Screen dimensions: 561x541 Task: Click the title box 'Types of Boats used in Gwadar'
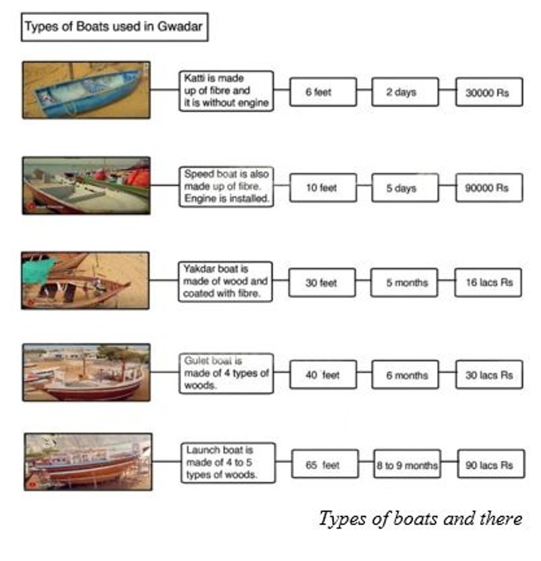(114, 29)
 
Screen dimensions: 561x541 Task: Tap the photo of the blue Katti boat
(86, 90)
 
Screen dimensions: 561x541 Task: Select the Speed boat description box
(227, 187)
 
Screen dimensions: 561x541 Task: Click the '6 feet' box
(323, 92)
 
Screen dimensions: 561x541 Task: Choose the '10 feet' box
(323, 187)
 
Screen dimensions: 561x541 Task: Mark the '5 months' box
(404, 282)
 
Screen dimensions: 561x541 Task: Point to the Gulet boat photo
(86, 372)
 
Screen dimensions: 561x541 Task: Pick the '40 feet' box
(323, 374)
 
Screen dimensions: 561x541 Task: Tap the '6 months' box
(404, 374)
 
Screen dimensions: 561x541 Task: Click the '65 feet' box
(325, 464)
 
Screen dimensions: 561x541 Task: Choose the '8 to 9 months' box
(406, 464)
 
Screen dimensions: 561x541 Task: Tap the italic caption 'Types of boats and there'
(420, 519)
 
